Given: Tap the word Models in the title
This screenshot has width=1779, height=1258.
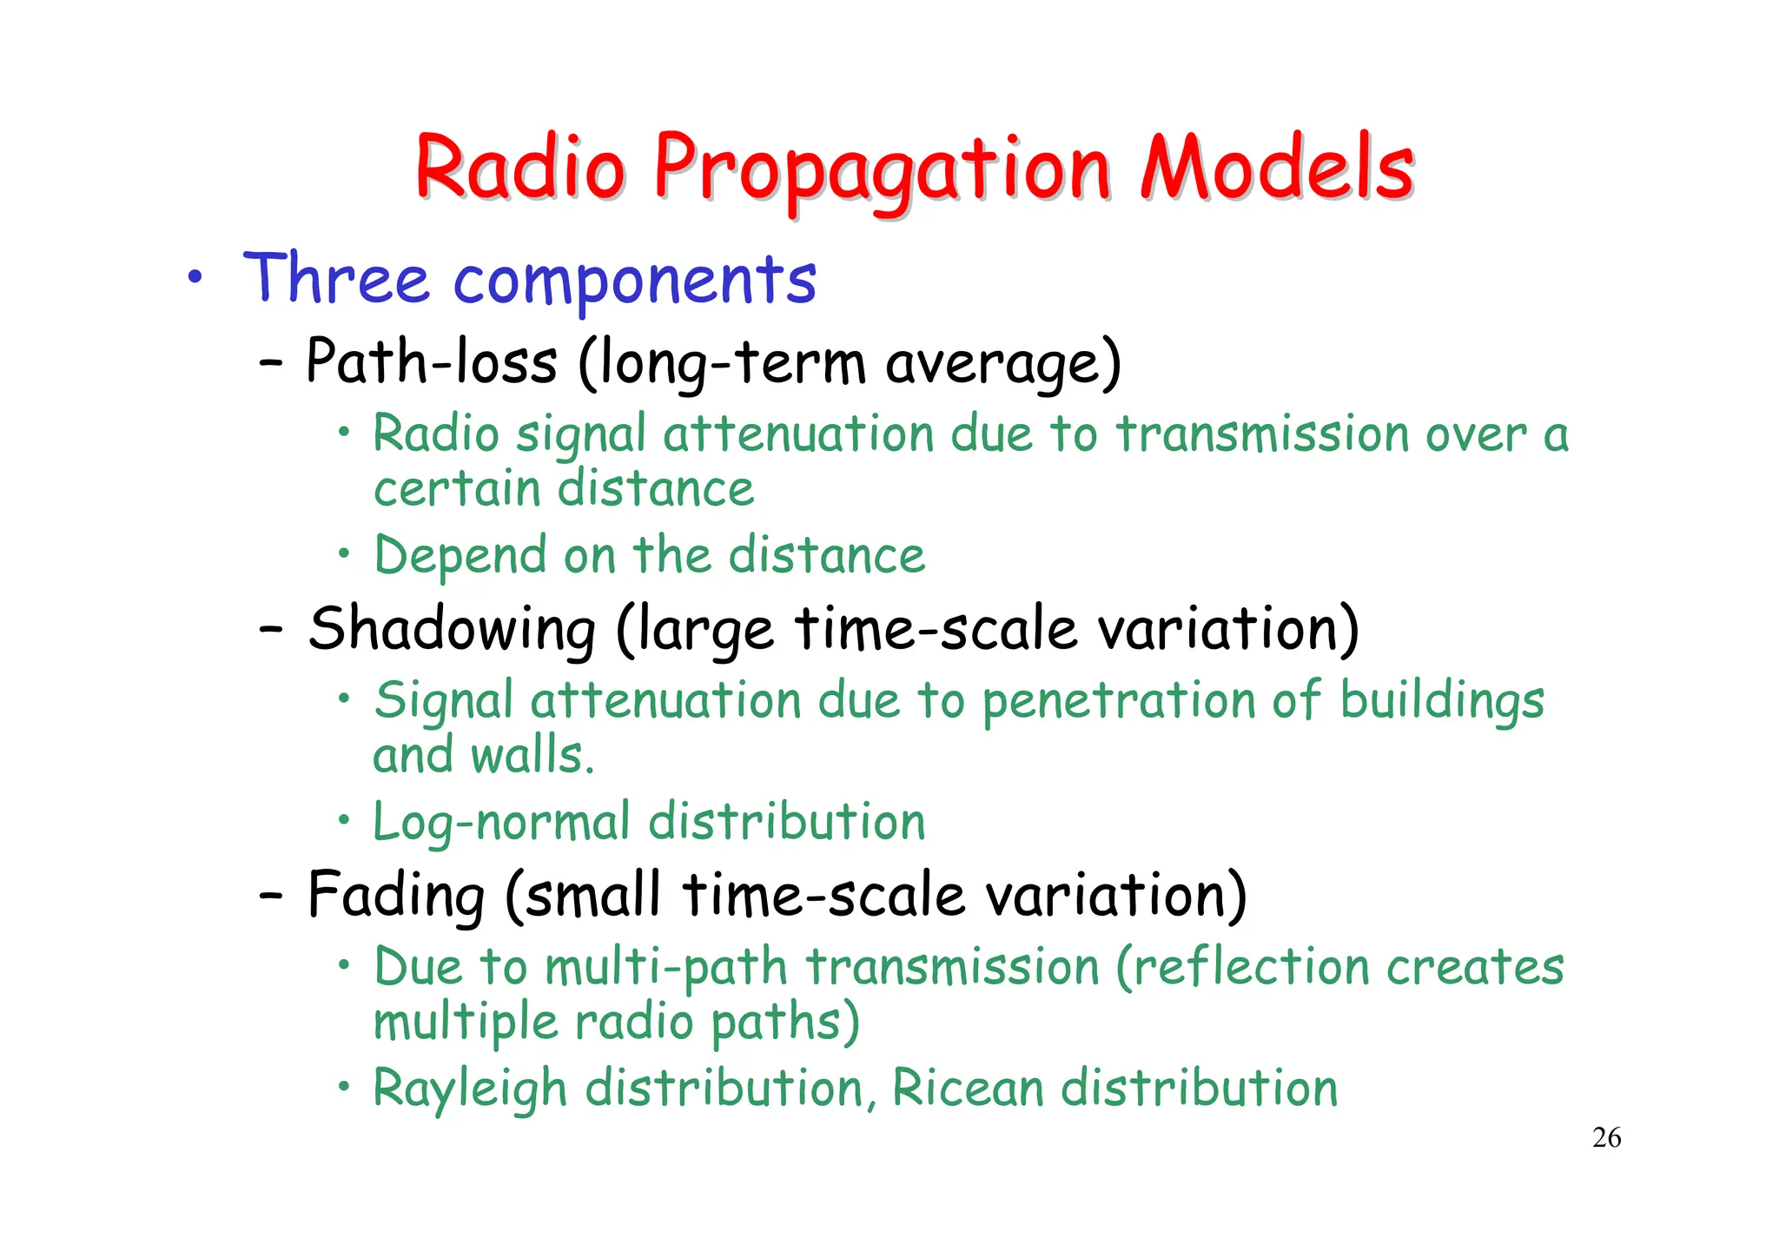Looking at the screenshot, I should point(1277,167).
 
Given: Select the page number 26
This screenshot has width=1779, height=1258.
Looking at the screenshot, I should point(1606,1137).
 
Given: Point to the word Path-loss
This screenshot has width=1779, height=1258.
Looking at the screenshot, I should point(431,361).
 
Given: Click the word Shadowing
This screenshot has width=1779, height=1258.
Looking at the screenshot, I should point(452,629).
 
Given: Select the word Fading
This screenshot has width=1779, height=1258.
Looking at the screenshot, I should point(396,896).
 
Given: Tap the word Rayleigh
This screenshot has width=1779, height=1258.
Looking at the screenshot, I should point(469,1089).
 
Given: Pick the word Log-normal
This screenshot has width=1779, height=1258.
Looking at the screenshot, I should point(501,822).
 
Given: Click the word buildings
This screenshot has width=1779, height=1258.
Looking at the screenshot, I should point(1442,701).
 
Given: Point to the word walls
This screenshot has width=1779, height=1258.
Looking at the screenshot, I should point(532,755).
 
